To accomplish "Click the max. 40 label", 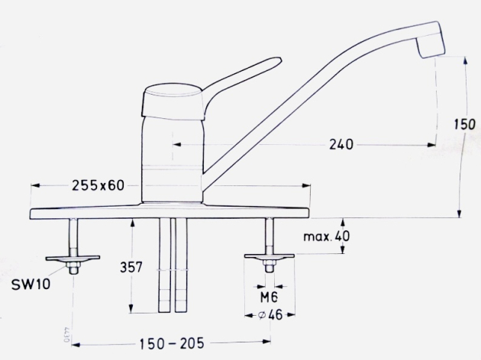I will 326,236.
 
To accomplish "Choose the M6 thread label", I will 269,297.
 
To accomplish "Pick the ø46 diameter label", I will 270,315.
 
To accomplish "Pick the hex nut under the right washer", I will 269,266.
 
